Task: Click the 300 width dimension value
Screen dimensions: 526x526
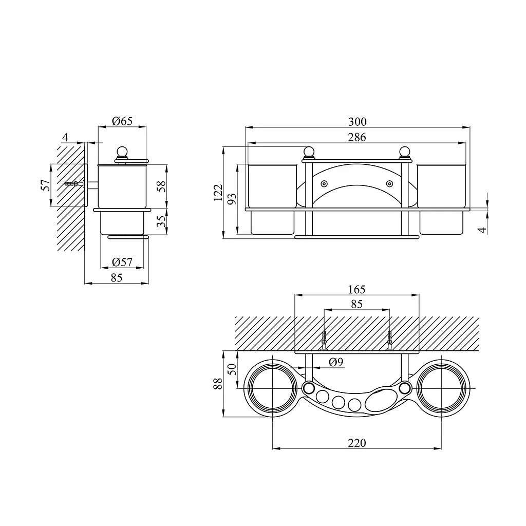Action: [358, 121]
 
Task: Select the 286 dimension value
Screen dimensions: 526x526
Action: [357, 137]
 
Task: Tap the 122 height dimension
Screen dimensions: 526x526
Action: [218, 193]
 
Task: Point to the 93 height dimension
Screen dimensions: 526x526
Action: [232, 199]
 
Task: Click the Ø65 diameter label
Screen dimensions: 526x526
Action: [122, 121]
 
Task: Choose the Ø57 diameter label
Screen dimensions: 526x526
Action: [122, 261]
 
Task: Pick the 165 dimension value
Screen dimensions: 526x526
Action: [356, 289]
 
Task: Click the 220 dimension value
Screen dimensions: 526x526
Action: [357, 443]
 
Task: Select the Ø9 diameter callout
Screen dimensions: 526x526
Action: [336, 362]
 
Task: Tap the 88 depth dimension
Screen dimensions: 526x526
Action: [218, 383]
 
